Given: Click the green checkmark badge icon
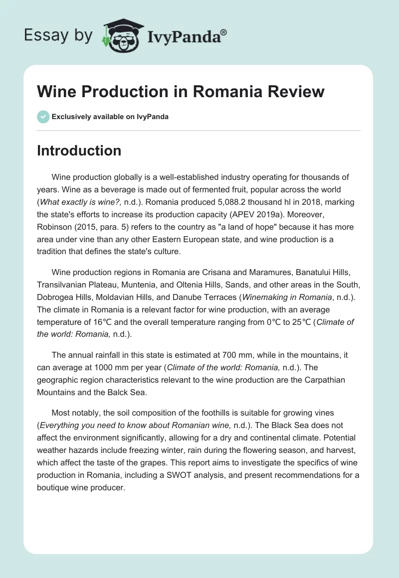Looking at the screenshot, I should tap(43, 117).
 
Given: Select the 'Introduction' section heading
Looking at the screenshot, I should tap(79, 150).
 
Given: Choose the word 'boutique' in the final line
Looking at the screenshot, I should tap(52, 487).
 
